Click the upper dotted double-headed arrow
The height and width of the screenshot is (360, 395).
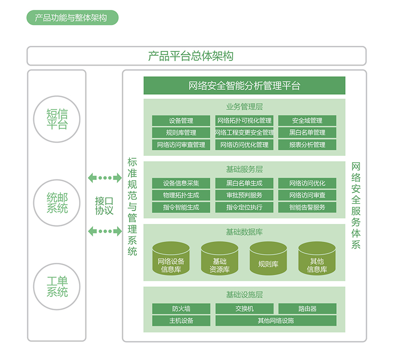click(105, 178)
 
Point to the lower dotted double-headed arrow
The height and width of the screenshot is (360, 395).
click(105, 231)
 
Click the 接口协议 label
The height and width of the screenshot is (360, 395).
click(104, 206)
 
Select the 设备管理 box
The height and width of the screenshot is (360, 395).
click(181, 121)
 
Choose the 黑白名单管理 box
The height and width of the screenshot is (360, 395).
click(307, 133)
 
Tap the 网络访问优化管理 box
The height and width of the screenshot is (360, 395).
click(244, 144)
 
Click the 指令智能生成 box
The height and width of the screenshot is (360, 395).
click(181, 207)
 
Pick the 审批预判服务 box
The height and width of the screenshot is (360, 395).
click(244, 195)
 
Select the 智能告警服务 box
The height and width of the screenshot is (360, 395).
click(307, 207)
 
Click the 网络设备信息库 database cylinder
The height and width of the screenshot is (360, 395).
click(171, 258)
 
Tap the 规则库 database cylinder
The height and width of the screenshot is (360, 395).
click(268, 258)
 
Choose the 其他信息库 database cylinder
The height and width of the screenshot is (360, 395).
click(316, 258)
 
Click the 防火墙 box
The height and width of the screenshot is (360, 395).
click(181, 309)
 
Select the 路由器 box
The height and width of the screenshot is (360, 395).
click(307, 309)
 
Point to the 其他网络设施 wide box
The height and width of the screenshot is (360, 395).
click(276, 321)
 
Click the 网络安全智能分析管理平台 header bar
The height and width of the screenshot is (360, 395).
click(244, 85)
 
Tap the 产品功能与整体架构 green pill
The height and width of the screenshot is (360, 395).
click(73, 18)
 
